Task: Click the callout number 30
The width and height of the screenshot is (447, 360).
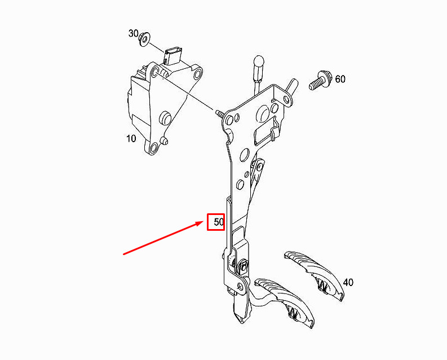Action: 133,33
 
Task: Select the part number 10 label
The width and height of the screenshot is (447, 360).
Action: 131,138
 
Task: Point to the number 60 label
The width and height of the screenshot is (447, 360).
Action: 340,79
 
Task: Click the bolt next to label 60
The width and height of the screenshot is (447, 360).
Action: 318,82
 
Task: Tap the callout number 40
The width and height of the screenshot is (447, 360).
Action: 348,282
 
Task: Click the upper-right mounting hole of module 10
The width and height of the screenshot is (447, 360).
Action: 197,74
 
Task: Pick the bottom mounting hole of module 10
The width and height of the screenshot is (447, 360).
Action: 152,149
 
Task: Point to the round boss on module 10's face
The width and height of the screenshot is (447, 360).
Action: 166,117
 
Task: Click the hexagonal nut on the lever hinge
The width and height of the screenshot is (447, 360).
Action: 244,267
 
